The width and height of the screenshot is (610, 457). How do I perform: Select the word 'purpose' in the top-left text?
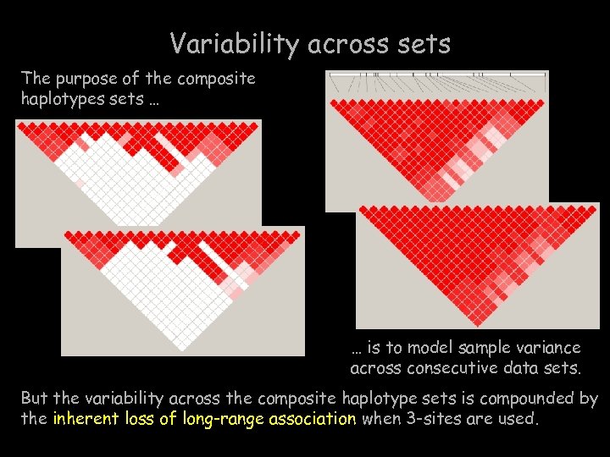pyautogui.click(x=89, y=79)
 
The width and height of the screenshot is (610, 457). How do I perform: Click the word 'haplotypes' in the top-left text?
pyautogui.click(x=58, y=99)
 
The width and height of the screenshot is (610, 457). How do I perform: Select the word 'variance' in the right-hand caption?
pyautogui.click(x=551, y=348)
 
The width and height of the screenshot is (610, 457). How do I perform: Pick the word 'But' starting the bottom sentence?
pyautogui.click(x=34, y=398)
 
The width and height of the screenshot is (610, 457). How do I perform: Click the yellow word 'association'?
pyautogui.click(x=313, y=417)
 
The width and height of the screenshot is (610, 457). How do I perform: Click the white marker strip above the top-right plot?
pyautogui.click(x=437, y=82)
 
